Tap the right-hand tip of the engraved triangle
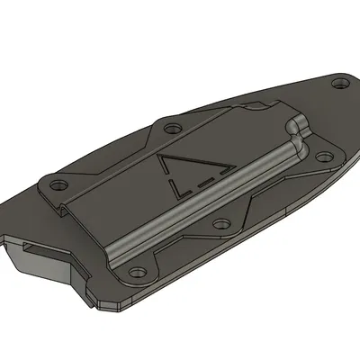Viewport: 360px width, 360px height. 233,168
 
